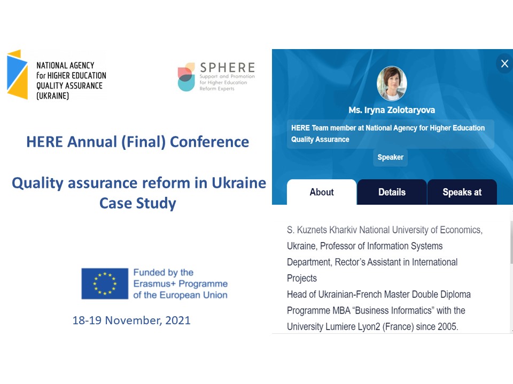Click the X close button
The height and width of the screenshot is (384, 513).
pyautogui.click(x=504, y=63)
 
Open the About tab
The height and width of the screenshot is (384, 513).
pyautogui.click(x=322, y=192)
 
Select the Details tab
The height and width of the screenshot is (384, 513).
pyautogui.click(x=392, y=192)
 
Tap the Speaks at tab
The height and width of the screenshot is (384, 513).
pyautogui.click(x=462, y=192)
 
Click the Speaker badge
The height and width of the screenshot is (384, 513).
pyautogui.click(x=390, y=157)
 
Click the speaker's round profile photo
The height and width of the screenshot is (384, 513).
pyautogui.click(x=392, y=83)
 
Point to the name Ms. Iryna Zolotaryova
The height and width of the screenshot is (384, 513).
pyautogui.click(x=392, y=110)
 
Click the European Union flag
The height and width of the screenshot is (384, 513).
pyautogui.click(x=105, y=283)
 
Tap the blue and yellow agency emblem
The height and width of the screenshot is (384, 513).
pyautogui.click(x=17, y=75)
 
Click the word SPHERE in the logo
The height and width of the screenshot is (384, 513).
pyautogui.click(x=228, y=68)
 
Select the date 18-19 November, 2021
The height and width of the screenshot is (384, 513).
pyautogui.click(x=131, y=321)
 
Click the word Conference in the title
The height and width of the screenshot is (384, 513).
pyautogui.click(x=209, y=142)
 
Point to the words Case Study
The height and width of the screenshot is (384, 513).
pyautogui.click(x=138, y=203)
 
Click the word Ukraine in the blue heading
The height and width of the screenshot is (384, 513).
pyautogui.click(x=239, y=183)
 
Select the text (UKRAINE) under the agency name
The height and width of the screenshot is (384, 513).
pyautogui.click(x=53, y=95)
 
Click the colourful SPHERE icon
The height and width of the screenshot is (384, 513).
pyautogui.click(x=186, y=77)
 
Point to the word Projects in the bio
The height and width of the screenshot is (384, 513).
pyautogui.click(x=302, y=278)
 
